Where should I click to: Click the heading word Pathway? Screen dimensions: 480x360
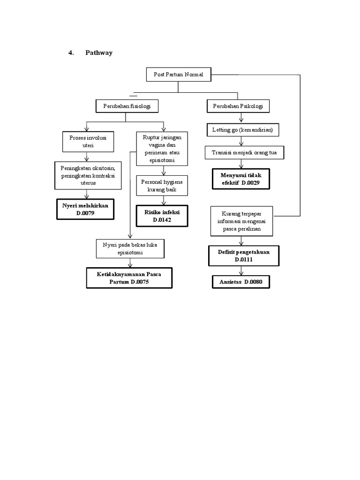click(x=98, y=53)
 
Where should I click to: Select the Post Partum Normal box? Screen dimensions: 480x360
click(x=178, y=75)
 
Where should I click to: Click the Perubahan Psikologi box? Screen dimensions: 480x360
click(x=238, y=106)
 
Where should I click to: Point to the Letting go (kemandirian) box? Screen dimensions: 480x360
click(x=242, y=129)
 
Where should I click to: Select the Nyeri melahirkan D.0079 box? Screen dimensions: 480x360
click(x=85, y=209)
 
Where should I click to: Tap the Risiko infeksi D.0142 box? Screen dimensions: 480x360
click(x=162, y=215)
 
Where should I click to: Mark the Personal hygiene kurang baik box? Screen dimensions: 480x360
click(x=162, y=185)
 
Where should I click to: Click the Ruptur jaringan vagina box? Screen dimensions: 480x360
click(x=162, y=149)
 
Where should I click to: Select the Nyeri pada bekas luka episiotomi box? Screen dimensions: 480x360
click(x=130, y=248)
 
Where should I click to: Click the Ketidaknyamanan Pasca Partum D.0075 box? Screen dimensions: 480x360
click(x=128, y=277)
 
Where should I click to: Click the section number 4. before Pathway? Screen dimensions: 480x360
click(x=71, y=53)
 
